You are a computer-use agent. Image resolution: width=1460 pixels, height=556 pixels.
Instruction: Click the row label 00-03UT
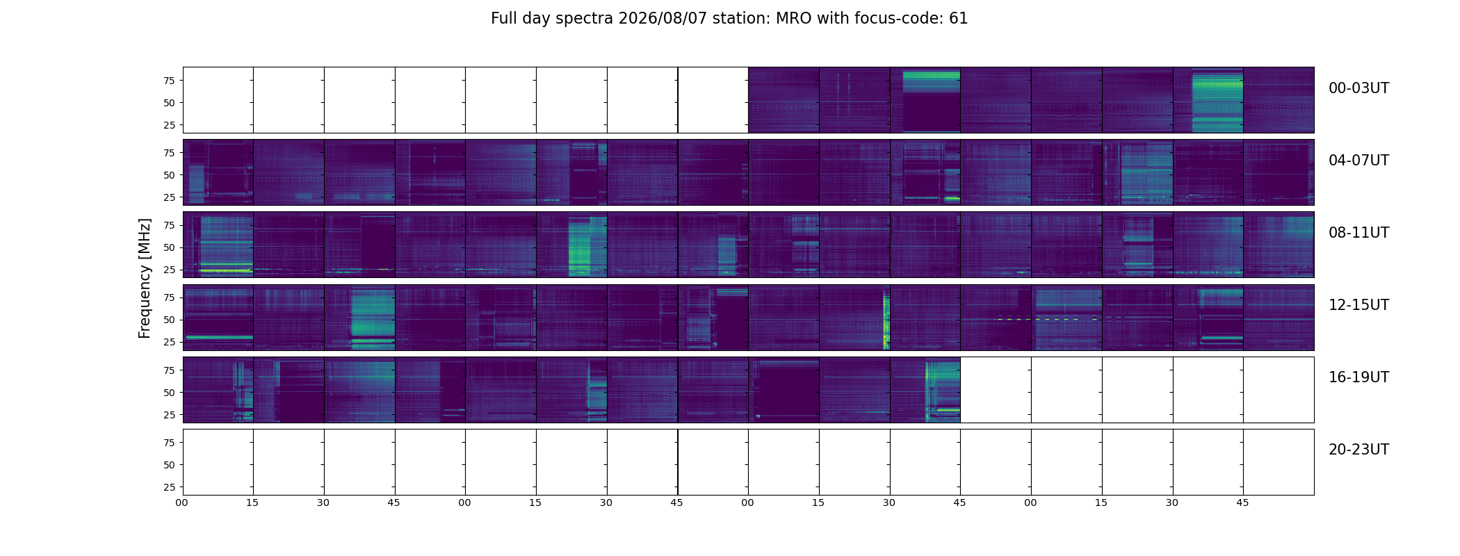[x=1358, y=88]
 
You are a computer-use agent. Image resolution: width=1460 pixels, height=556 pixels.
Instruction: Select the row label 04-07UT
[x=1358, y=161]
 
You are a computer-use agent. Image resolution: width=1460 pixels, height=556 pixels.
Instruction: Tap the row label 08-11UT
[x=1358, y=233]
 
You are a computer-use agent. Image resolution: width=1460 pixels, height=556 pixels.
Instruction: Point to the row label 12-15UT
[x=1358, y=305]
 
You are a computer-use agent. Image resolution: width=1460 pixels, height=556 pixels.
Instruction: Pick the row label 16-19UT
[x=1358, y=377]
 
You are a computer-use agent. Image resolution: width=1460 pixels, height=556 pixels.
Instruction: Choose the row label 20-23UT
[x=1358, y=450]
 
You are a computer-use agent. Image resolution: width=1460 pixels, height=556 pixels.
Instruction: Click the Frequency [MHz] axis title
[x=145, y=279]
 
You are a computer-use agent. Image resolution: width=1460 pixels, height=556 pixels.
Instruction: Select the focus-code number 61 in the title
[x=959, y=19]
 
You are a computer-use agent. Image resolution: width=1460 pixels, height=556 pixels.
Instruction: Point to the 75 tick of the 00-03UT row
[x=169, y=81]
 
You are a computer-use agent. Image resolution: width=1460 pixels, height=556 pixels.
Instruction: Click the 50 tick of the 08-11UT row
[x=169, y=247]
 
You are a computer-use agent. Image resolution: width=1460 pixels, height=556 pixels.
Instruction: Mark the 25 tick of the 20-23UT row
[x=169, y=487]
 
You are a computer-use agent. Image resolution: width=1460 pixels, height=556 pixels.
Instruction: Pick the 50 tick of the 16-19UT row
[x=169, y=393]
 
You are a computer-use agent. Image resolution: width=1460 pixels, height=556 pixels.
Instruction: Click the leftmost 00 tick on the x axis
[x=182, y=502]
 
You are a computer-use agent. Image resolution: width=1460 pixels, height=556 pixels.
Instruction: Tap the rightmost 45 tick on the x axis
[x=1242, y=502]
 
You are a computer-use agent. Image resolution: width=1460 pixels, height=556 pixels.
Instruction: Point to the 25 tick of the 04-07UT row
[x=169, y=197]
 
